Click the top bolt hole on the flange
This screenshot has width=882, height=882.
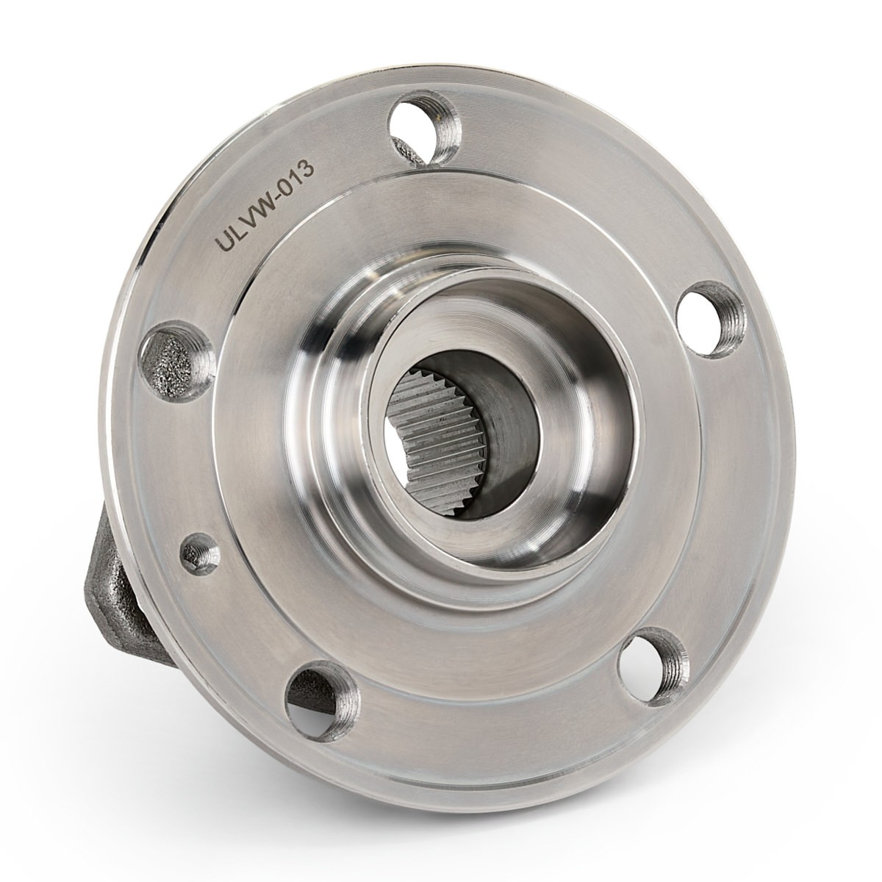[423, 139]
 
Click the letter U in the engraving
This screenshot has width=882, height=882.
[229, 241]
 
